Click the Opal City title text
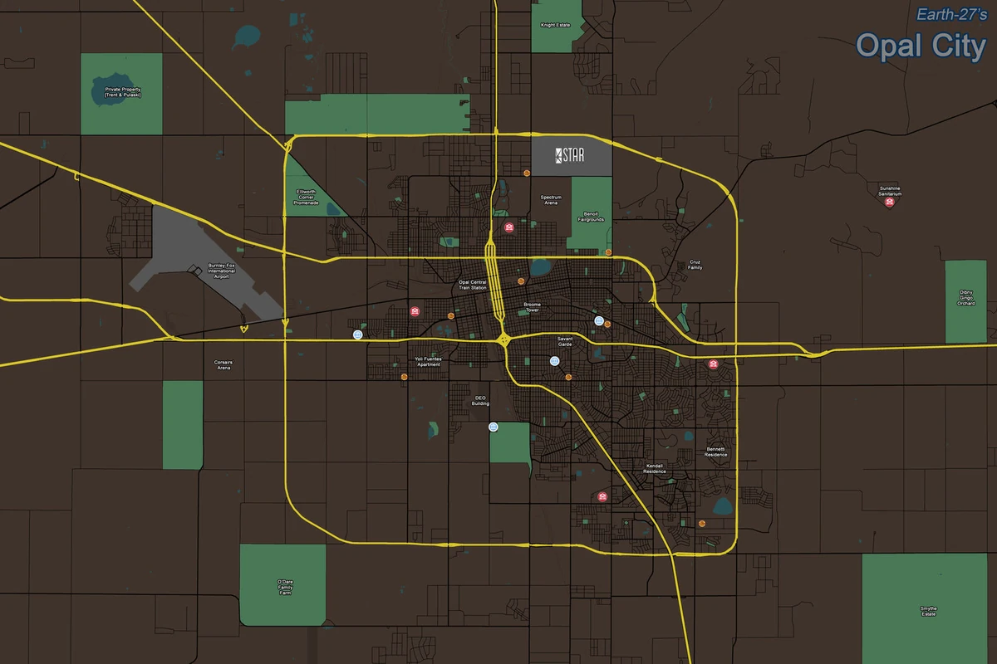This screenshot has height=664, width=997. [921, 46]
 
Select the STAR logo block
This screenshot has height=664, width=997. [571, 156]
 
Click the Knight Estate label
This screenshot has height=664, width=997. [555, 26]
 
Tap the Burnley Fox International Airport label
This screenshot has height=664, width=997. [221, 271]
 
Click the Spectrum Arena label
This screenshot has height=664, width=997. [552, 200]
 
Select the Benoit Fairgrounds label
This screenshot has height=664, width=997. [591, 217]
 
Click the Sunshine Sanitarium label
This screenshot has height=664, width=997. [891, 191]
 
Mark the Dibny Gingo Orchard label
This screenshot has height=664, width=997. [965, 298]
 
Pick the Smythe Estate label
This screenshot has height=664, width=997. [929, 612]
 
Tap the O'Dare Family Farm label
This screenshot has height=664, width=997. [285, 588]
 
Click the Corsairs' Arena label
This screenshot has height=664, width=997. [223, 364]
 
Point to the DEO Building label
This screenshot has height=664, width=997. [480, 401]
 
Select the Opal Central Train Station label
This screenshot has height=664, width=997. [473, 285]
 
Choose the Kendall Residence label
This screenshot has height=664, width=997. [656, 468]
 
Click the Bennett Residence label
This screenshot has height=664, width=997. [716, 452]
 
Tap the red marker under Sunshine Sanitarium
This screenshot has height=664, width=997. [890, 203]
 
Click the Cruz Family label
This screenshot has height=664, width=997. [695, 266]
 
